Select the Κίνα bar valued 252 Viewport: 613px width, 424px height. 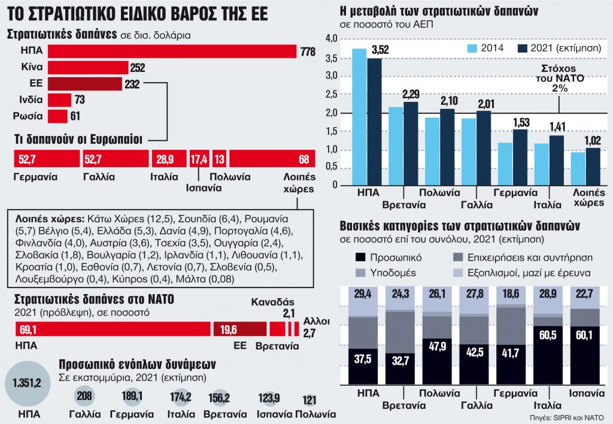(88, 68)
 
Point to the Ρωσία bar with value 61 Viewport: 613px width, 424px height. (58, 116)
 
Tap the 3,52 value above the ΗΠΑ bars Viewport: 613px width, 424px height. (380, 50)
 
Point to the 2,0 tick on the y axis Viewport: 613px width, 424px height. (331, 113)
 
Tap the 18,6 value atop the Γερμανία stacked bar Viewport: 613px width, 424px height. (511, 293)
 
